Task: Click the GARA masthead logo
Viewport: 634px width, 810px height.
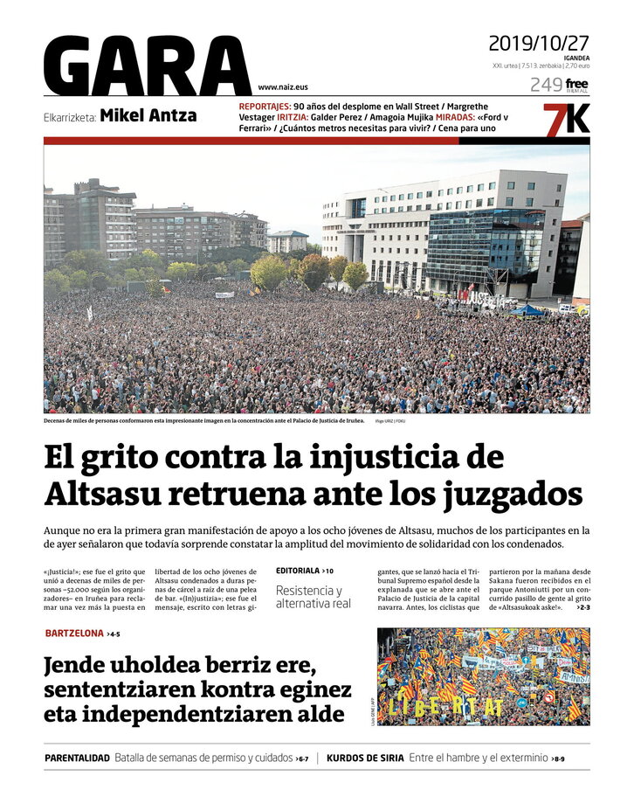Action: click(147, 66)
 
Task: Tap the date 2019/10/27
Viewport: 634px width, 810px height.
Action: click(539, 43)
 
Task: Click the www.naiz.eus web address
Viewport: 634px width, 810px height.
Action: click(283, 87)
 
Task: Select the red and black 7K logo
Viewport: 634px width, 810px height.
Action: click(566, 118)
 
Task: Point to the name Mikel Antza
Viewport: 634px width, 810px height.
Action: click(148, 115)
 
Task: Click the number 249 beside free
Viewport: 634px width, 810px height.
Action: click(545, 85)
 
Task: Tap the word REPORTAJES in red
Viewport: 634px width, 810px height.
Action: click(264, 106)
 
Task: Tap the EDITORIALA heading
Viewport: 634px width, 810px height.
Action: click(299, 571)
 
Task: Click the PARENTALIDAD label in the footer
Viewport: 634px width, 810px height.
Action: click(77, 758)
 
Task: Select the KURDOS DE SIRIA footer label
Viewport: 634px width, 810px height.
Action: click(365, 758)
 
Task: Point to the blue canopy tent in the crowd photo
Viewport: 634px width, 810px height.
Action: click(527, 309)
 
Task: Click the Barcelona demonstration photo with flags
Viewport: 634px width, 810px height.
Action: click(483, 676)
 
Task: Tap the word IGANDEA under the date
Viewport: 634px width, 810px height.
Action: click(576, 58)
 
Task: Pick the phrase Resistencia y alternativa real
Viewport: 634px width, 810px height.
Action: click(313, 597)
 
